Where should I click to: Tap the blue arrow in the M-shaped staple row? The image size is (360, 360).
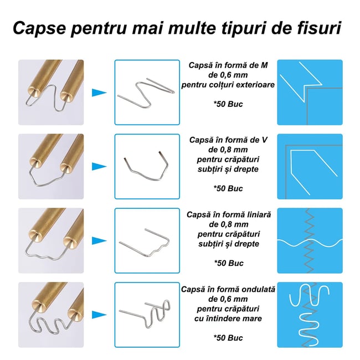tap(99, 92)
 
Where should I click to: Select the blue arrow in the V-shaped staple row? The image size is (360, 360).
tap(99, 166)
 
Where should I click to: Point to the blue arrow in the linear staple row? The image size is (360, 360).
tap(99, 240)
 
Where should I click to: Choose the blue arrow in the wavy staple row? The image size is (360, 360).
tap(99, 314)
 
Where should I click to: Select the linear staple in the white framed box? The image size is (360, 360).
tap(147, 241)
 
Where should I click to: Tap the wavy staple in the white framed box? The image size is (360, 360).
tap(147, 315)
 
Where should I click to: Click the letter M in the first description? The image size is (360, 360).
tap(264, 66)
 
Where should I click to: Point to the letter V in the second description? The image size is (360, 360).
tap(265, 140)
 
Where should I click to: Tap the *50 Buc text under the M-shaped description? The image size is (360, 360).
tap(228, 104)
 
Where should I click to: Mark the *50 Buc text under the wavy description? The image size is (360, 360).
tap(228, 338)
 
